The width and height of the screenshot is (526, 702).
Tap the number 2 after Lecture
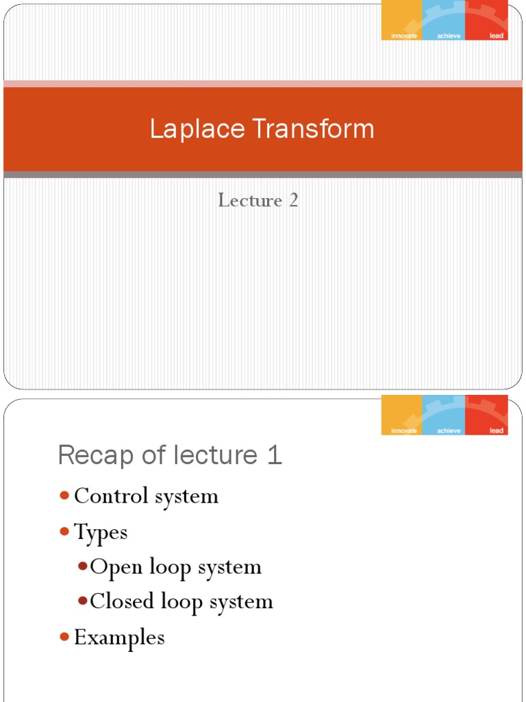coord(293,201)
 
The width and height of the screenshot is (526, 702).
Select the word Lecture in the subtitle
coord(250,201)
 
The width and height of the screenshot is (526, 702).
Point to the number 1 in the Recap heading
coord(274,455)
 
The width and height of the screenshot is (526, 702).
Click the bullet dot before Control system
coord(64,496)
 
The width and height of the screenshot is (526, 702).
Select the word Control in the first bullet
coord(113,496)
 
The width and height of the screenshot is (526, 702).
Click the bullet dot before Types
coord(64,531)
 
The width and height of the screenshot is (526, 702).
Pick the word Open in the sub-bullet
coord(113,568)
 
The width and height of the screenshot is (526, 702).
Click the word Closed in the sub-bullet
coord(123,602)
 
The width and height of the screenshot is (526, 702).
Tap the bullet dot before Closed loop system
coord(82,602)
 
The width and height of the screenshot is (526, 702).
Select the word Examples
coord(119,638)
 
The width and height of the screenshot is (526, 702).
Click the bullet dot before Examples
coord(64,638)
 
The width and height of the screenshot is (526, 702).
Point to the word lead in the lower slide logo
coord(497,431)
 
